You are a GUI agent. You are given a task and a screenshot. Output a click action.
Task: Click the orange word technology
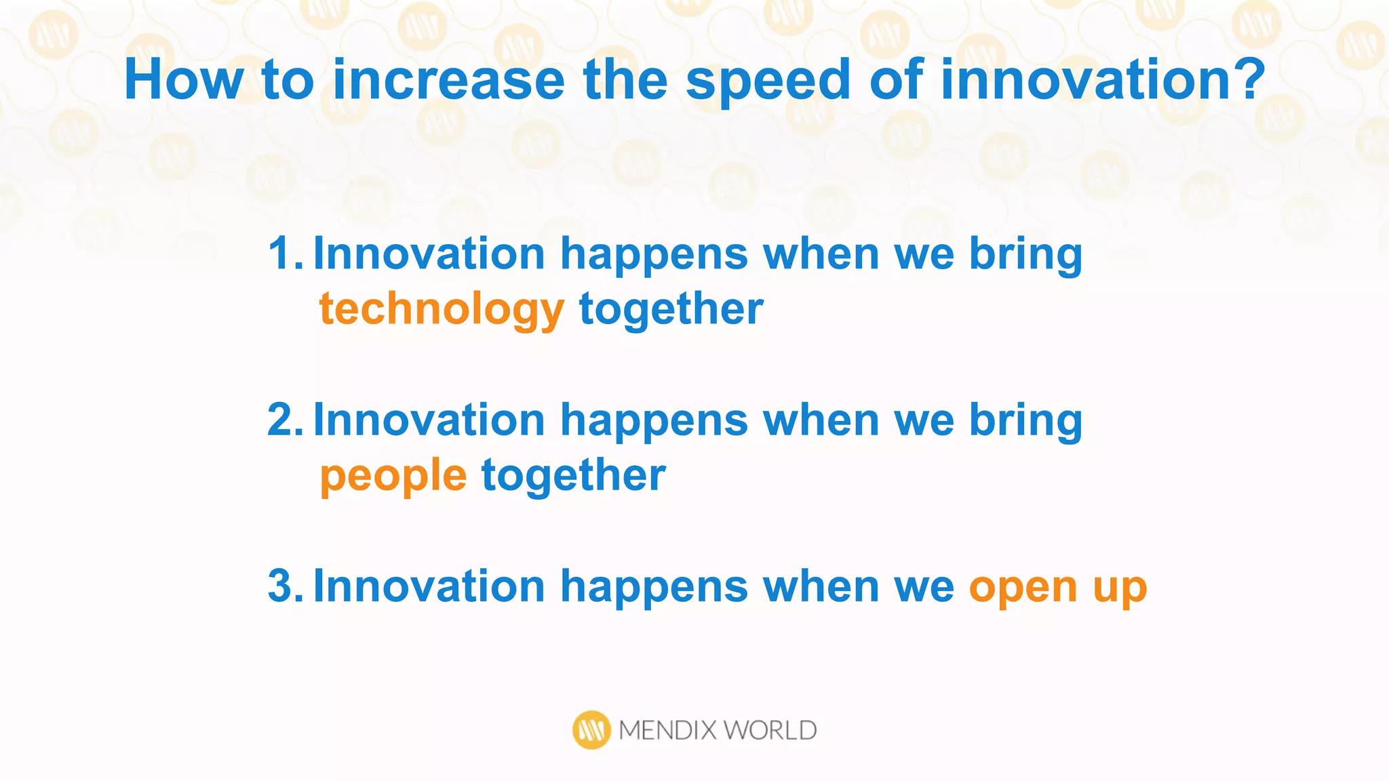(x=441, y=310)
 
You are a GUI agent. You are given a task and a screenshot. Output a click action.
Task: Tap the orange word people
(x=393, y=476)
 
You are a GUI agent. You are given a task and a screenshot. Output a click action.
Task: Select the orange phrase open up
(x=1057, y=586)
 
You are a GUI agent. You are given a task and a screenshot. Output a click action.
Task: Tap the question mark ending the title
(x=1247, y=79)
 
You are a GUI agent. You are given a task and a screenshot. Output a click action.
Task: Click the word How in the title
(x=183, y=80)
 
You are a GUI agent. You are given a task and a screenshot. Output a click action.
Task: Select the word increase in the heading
(x=448, y=80)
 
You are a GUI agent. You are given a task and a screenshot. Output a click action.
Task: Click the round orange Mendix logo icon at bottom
(x=591, y=730)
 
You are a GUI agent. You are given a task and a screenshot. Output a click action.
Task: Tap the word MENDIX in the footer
(x=667, y=731)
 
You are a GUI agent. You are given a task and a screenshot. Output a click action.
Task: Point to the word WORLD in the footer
(x=770, y=731)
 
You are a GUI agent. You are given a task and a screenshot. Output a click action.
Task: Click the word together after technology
(x=671, y=310)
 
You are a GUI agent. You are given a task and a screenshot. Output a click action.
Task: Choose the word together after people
(x=573, y=476)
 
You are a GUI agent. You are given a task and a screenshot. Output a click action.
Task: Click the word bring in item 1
(x=1025, y=254)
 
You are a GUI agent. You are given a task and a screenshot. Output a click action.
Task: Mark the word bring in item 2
(x=1025, y=420)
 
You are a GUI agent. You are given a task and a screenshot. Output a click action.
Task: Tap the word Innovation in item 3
(x=429, y=586)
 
